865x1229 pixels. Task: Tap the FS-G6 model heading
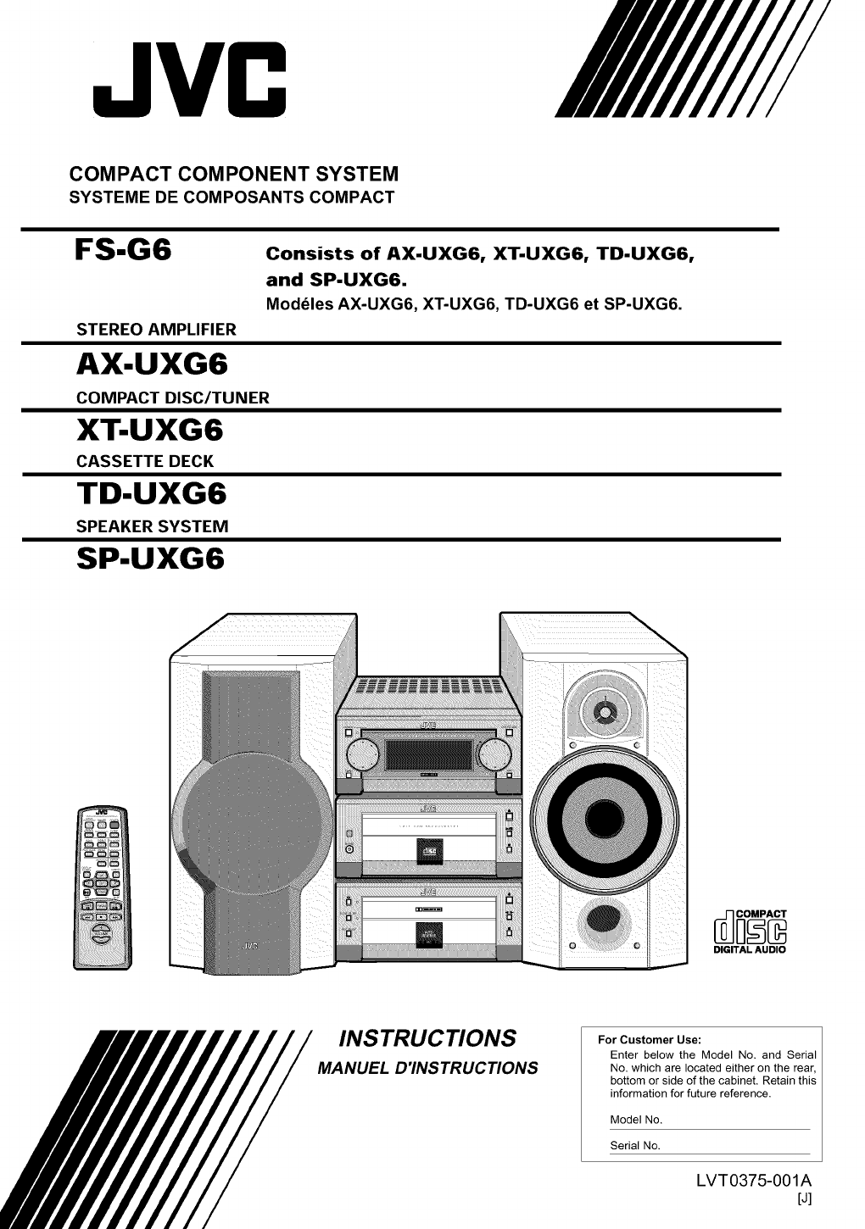(x=123, y=250)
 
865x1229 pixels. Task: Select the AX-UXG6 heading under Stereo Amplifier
(x=152, y=364)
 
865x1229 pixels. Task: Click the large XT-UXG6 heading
(x=150, y=430)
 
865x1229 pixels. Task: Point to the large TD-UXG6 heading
(x=152, y=493)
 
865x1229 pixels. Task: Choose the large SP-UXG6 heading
(x=150, y=559)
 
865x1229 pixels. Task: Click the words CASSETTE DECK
(x=145, y=461)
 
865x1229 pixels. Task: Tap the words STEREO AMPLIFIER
(x=156, y=329)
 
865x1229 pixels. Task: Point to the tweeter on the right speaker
(x=605, y=712)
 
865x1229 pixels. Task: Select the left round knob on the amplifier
(x=363, y=755)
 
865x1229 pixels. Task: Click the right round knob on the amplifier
(x=495, y=755)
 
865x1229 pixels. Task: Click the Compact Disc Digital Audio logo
(x=750, y=931)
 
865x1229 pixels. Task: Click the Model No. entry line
(x=710, y=1129)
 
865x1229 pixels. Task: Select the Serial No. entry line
(x=710, y=1154)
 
